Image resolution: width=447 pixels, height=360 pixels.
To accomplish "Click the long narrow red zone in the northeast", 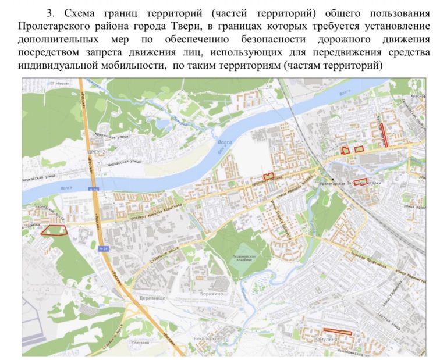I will [x=384, y=134].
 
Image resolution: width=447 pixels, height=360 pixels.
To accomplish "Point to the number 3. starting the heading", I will [x=49, y=13].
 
